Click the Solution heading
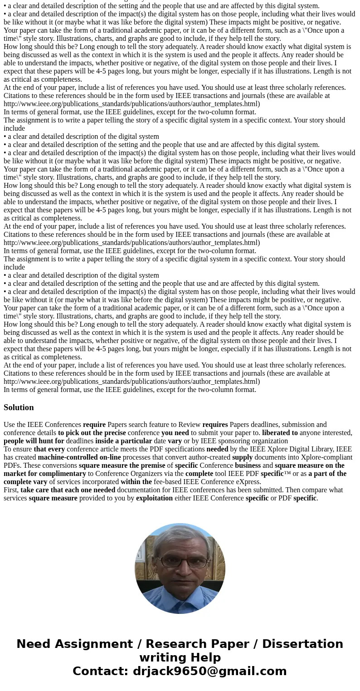tap(19, 407)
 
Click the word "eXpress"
tap(248, 482)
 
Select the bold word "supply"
tap(242, 457)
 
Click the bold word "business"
tap(248, 466)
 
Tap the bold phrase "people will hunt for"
tap(34, 441)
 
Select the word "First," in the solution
tap(11, 490)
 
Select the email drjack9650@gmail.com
tap(209, 671)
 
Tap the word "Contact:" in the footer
tap(101, 671)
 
